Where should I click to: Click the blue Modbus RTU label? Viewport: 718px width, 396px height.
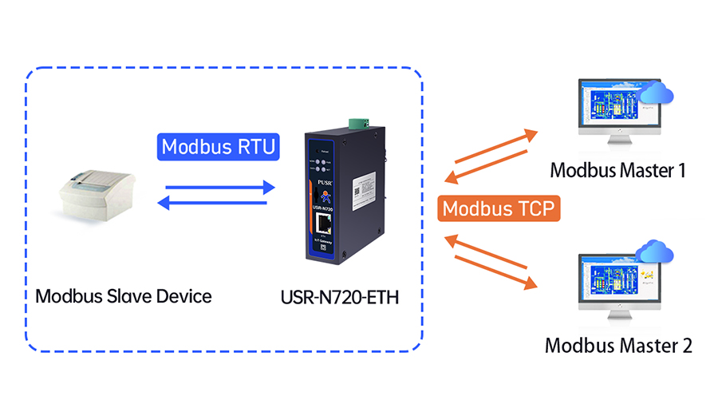pyautogui.click(x=218, y=147)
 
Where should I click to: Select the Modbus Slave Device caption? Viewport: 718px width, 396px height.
pyautogui.click(x=124, y=297)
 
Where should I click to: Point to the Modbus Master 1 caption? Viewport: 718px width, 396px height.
pyautogui.click(x=617, y=169)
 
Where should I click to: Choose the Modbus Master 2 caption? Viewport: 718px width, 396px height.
pyautogui.click(x=618, y=346)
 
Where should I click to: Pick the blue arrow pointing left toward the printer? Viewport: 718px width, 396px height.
pyautogui.click(x=211, y=204)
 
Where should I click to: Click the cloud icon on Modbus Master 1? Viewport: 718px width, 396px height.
pyautogui.click(x=657, y=93)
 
